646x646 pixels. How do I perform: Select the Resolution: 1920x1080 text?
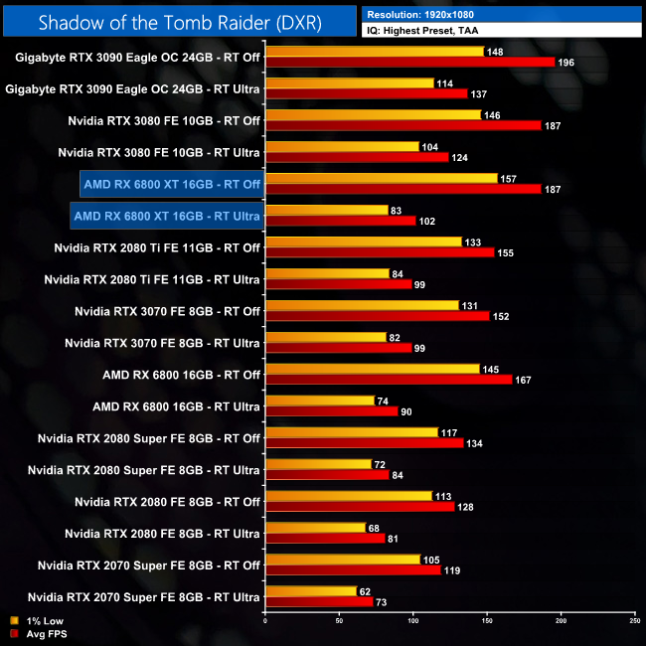point(426,15)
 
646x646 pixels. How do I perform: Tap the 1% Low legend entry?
point(34,620)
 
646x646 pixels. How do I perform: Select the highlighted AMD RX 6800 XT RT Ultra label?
point(167,216)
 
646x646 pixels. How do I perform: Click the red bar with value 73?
point(319,601)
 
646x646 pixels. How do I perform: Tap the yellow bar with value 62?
point(311,591)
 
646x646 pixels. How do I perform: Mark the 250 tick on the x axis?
point(634,622)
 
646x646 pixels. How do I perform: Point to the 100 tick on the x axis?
point(412,622)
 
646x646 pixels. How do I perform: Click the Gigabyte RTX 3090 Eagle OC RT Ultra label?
point(133,88)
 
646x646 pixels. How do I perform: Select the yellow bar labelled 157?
point(382,178)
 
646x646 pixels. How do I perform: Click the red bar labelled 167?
point(389,379)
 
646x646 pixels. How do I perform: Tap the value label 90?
point(406,411)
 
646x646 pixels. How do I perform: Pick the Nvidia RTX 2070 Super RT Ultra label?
point(144,597)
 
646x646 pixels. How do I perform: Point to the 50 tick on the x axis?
point(339,622)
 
